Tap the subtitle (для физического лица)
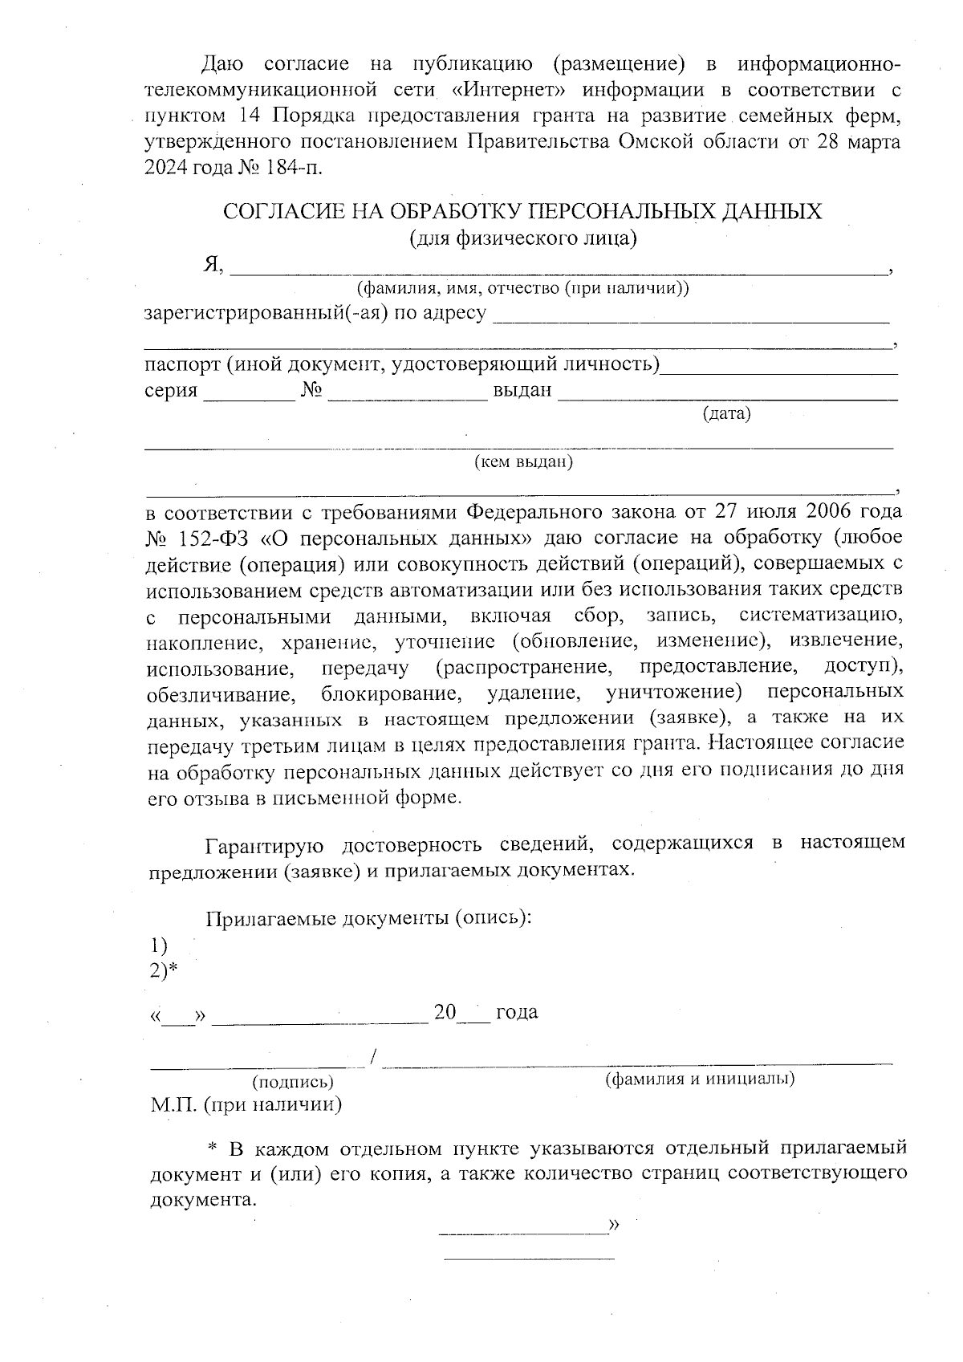(x=523, y=238)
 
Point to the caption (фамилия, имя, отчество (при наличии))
(x=522, y=289)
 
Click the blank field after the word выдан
(x=727, y=396)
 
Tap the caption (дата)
(x=726, y=414)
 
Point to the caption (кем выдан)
(x=523, y=462)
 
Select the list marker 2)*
(x=164, y=971)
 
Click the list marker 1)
(x=159, y=945)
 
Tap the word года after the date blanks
(x=517, y=1012)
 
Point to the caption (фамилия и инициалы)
(x=699, y=1079)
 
